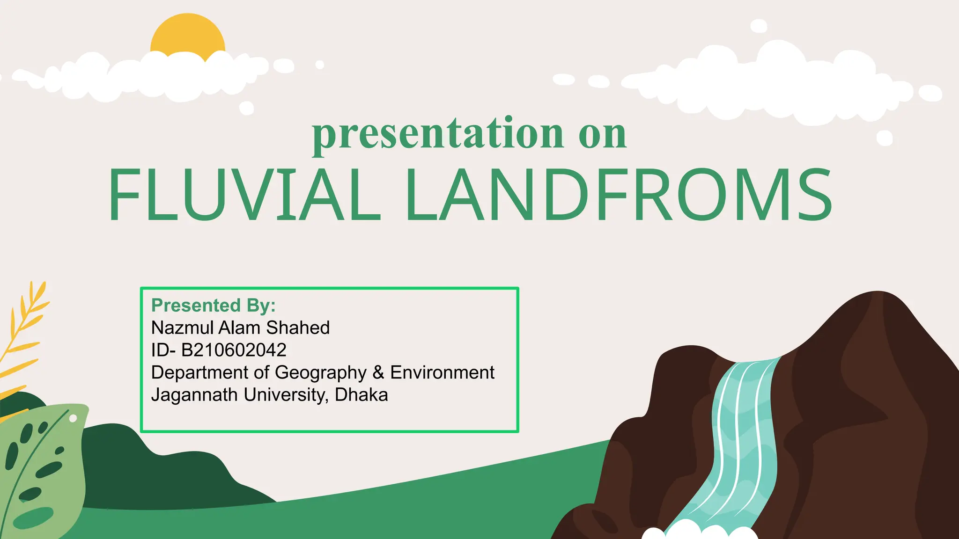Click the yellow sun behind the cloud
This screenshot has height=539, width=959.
[187, 35]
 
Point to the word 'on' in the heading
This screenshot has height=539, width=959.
[602, 135]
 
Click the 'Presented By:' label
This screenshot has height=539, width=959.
[214, 305]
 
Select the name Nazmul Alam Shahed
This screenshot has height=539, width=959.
[240, 328]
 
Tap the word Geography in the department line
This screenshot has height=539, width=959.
[320, 373]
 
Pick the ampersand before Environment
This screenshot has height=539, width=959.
[378, 373]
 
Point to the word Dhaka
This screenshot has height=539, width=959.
[361, 395]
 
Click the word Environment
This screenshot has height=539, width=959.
[442, 373]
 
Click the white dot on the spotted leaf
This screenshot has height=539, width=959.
[73, 418]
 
